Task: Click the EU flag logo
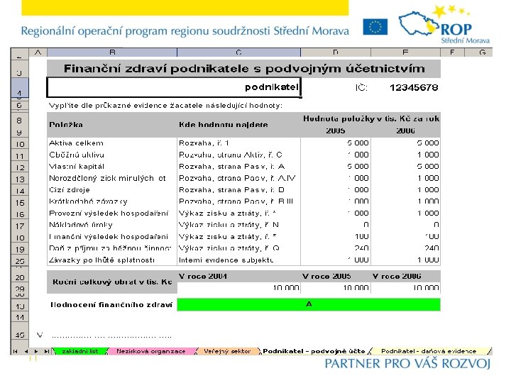click(375, 28)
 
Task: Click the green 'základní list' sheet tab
click(80, 351)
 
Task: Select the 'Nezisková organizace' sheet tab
click(150, 351)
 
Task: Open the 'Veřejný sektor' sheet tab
click(227, 351)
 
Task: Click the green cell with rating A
click(308, 304)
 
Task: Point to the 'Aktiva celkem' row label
click(77, 143)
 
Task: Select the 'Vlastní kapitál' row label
click(77, 167)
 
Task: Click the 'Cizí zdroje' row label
click(70, 190)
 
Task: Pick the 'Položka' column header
click(66, 125)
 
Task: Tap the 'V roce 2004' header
click(203, 276)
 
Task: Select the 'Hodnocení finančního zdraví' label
click(111, 305)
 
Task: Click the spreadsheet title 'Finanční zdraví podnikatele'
click(244, 69)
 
